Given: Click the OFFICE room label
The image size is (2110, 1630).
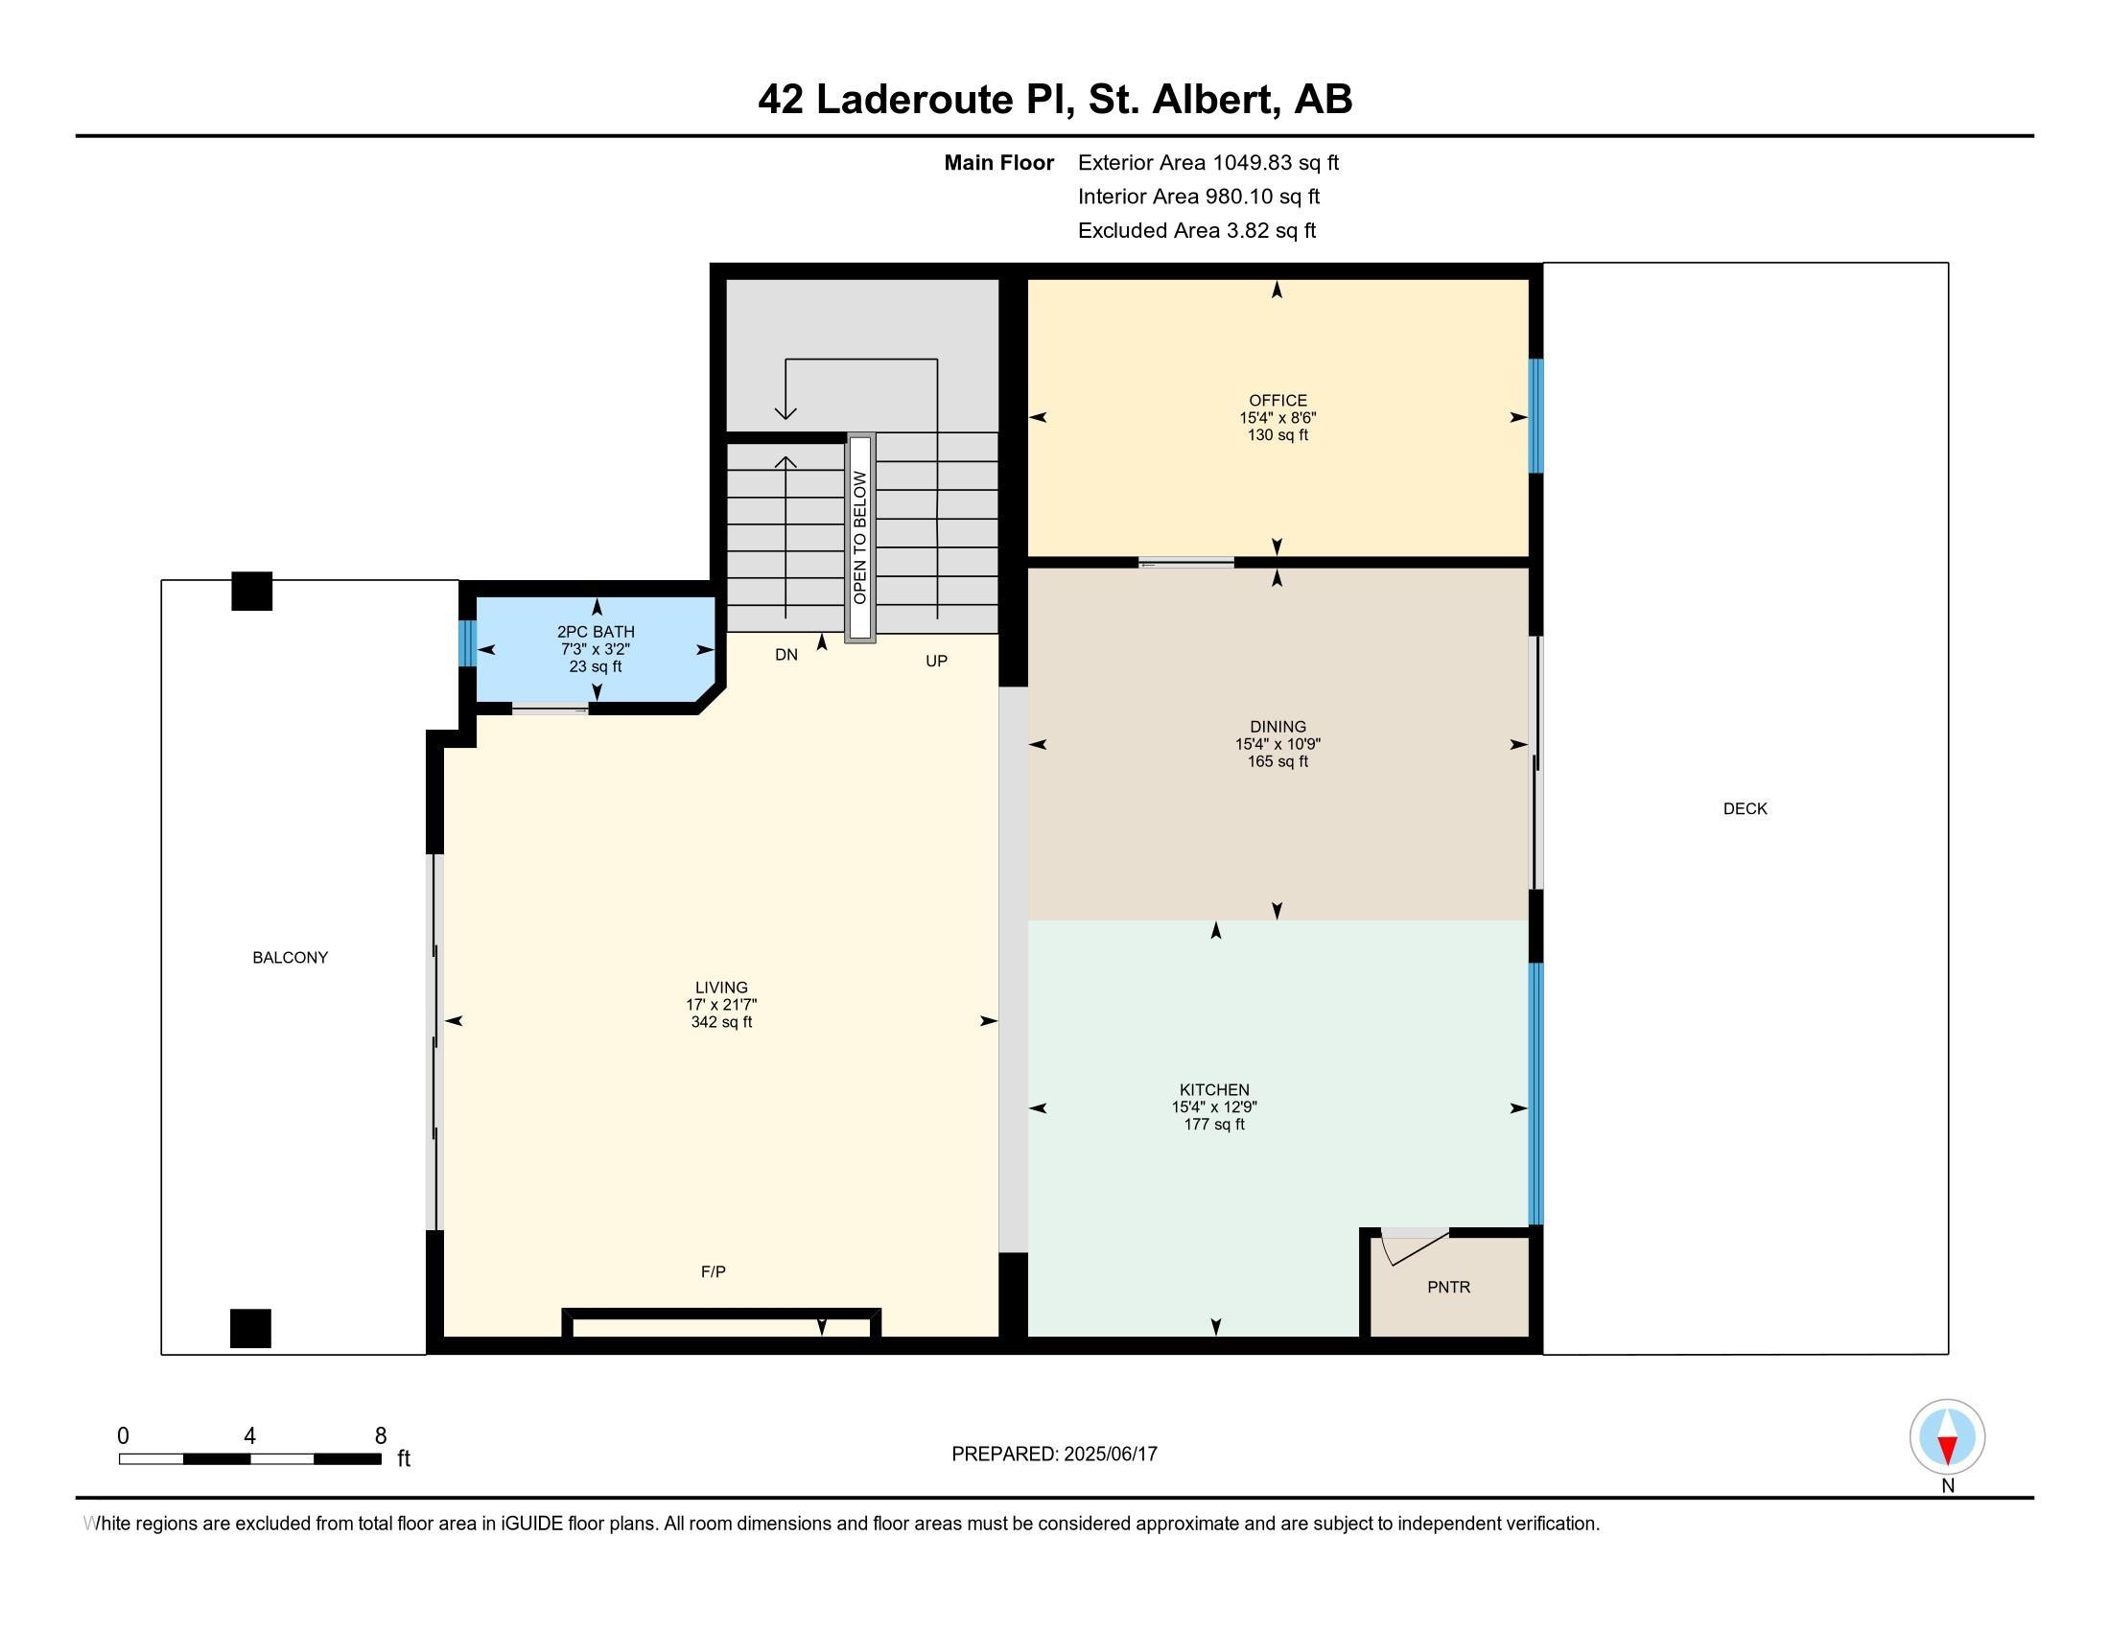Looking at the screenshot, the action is [1278, 401].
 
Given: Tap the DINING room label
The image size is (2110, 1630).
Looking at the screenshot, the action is [1278, 727].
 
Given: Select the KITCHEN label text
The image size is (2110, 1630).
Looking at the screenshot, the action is [1214, 1090].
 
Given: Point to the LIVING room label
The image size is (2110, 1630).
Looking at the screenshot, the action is [721, 988].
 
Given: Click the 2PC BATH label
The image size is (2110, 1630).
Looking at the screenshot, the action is [597, 633].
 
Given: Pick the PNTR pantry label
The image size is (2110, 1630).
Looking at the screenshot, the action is [1448, 1287].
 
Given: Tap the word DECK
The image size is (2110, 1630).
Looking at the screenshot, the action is [1745, 809].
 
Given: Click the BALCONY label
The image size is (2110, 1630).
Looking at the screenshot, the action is [290, 958].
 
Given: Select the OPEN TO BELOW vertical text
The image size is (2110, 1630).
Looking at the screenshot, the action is [860, 538].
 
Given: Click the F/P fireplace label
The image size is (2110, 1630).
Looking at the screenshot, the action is [713, 1271].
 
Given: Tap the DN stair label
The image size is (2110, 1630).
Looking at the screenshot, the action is [786, 655].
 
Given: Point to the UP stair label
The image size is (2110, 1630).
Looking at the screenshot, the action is [936, 662].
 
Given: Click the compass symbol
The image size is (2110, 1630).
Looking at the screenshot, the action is [1948, 1438].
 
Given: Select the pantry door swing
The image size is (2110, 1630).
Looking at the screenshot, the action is [1416, 1246].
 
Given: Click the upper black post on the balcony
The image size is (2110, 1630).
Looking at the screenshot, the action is [252, 591].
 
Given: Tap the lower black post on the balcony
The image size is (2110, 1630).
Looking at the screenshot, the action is [250, 1329].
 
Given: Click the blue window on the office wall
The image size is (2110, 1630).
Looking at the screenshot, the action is [1536, 416].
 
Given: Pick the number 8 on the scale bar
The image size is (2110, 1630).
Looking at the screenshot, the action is [381, 1436].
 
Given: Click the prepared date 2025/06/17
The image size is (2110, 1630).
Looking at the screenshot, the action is [1110, 1455].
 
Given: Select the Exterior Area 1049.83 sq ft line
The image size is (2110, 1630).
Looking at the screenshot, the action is [1208, 163].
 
